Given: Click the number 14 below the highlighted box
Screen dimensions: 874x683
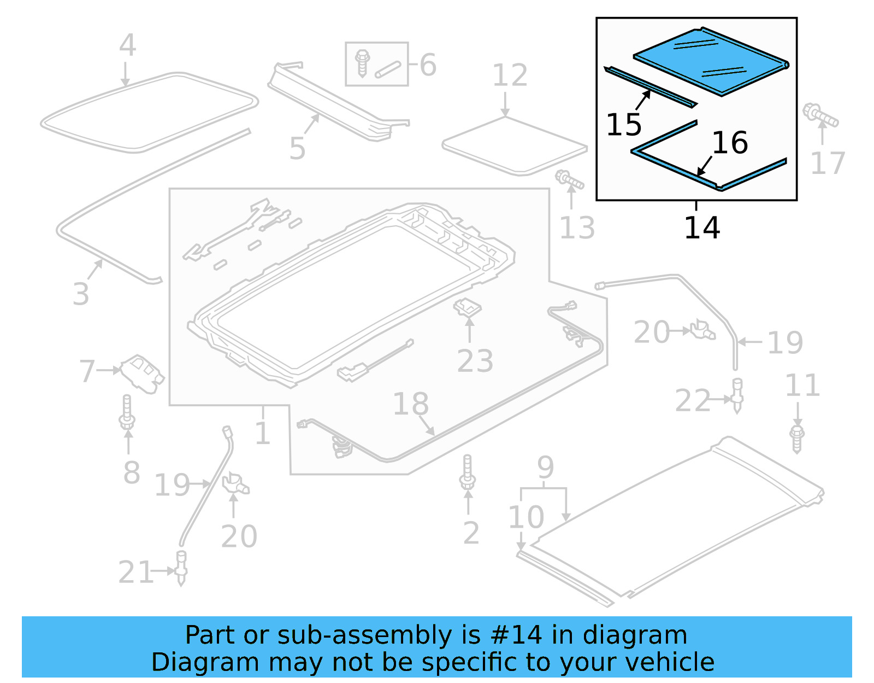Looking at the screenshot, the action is coord(702,227).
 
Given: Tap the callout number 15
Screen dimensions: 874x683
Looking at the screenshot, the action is coord(624,125).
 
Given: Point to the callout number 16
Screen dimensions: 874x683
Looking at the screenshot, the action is coord(730,143).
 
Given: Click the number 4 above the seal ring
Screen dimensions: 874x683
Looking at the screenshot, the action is coord(127,45).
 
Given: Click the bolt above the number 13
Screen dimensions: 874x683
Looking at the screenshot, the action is coord(569,179).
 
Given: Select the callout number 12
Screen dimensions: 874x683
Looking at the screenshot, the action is coord(510,75).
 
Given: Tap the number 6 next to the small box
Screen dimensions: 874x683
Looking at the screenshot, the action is coord(428,65).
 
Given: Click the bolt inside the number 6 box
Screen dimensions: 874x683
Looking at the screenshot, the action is coord(362,62).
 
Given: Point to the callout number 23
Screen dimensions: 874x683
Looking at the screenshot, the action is coord(475,361).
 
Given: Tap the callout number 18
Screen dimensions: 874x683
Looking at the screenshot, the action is coord(411,404).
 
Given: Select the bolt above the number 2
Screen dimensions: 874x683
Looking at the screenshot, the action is coord(467,472).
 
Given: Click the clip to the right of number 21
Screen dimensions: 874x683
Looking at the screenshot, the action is coord(181,569).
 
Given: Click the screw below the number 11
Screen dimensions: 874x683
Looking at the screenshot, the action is coord(797,439).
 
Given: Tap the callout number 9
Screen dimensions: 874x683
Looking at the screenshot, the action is coord(545,467).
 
